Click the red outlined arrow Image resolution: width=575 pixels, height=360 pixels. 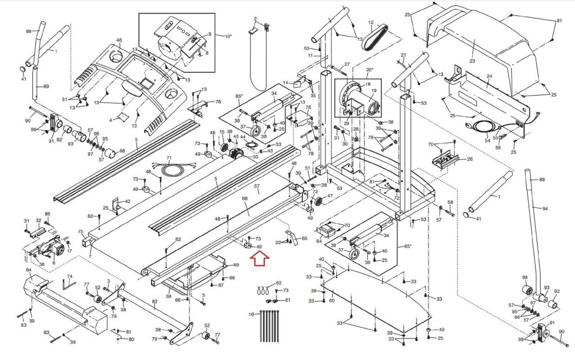259,258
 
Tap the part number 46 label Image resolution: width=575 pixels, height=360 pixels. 119,41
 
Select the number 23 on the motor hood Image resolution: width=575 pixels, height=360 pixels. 472,61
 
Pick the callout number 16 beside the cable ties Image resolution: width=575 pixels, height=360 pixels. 251,314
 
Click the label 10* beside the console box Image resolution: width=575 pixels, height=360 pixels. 228,36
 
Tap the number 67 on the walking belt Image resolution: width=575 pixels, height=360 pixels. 257,186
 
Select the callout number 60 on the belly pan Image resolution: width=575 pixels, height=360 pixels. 332,300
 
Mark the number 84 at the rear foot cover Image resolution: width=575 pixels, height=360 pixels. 29,270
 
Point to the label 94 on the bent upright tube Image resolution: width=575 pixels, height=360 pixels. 545,209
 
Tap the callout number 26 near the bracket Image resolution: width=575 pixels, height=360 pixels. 470,159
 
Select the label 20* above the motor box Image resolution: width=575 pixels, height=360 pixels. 369,70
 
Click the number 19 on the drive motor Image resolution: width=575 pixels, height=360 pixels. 374,91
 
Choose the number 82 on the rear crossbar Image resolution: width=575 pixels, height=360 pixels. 155,302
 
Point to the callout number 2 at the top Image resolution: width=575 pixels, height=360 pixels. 256,18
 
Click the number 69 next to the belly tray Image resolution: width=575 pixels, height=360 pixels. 236,265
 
